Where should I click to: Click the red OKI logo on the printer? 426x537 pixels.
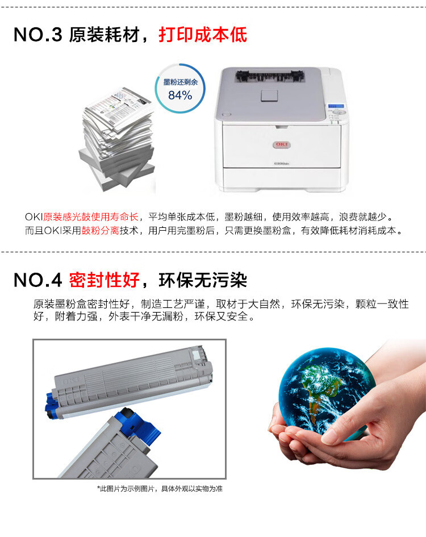(282, 144)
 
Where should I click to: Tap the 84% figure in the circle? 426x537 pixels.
(180, 95)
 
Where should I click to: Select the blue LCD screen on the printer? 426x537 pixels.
(336, 106)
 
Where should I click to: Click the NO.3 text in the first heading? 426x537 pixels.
(37, 35)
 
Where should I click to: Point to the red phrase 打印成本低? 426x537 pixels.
(203, 35)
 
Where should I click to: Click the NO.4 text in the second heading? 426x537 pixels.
(37, 280)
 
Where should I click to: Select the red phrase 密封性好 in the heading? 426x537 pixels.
(105, 280)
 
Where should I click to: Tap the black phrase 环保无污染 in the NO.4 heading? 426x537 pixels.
(203, 280)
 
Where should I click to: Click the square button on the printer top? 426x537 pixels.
(269, 95)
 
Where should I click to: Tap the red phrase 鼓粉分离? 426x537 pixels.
(100, 231)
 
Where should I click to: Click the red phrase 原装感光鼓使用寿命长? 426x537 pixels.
(91, 217)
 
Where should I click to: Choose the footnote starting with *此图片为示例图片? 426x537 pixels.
(160, 489)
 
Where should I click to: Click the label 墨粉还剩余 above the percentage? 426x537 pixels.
(181, 82)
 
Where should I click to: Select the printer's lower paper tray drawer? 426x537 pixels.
(282, 177)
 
